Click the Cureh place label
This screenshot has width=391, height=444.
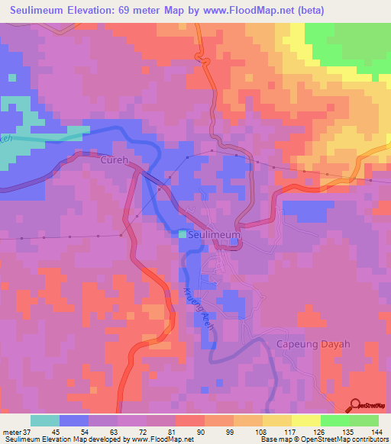point(115,161)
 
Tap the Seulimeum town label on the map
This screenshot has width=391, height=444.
point(213,236)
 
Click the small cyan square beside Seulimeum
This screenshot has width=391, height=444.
point(183,235)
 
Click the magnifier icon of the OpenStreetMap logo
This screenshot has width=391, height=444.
point(354,404)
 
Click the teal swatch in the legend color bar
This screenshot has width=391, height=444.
point(45,420)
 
